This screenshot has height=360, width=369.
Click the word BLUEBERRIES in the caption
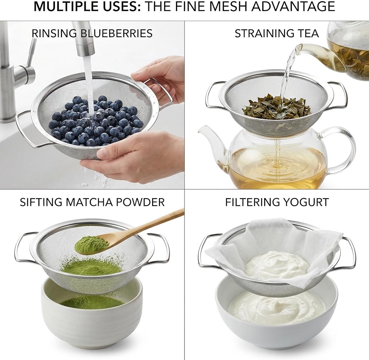click(x=117, y=33)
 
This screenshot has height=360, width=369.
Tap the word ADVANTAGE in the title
click(x=293, y=6)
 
